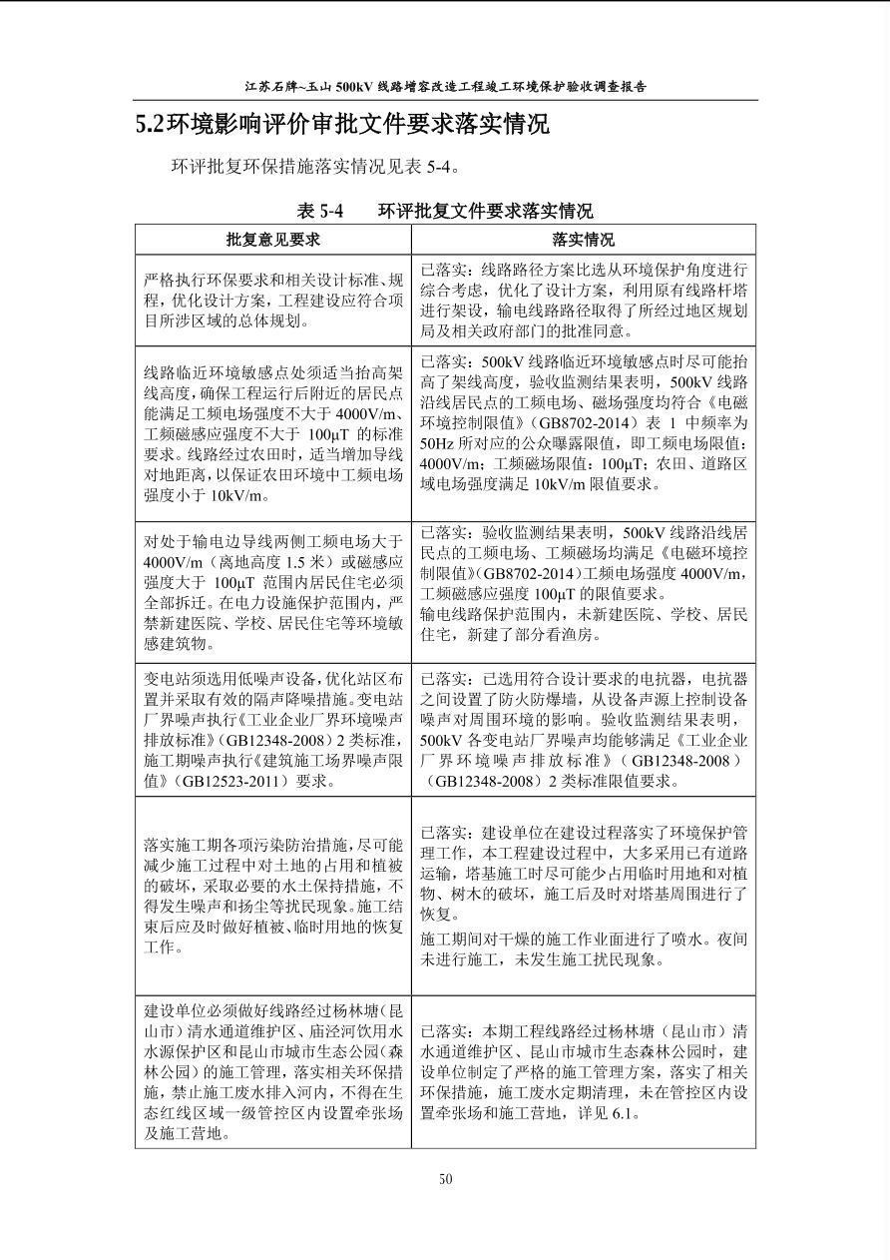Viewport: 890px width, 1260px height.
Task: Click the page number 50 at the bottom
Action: point(445,1179)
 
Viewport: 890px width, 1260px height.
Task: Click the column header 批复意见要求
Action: point(272,240)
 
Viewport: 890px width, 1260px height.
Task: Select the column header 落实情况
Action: point(583,240)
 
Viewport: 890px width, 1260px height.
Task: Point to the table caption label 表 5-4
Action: point(319,211)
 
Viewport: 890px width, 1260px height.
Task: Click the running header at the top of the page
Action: point(445,86)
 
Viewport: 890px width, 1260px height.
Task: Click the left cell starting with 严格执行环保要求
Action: point(273,301)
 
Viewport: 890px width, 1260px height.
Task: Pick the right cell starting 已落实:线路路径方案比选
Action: point(584,301)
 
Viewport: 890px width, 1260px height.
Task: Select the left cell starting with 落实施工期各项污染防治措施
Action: point(273,896)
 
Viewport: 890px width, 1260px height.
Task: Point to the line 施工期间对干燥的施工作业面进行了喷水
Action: point(584,940)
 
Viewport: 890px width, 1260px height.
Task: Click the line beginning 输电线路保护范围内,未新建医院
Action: point(584,614)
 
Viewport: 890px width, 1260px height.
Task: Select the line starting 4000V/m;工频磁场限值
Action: point(584,463)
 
